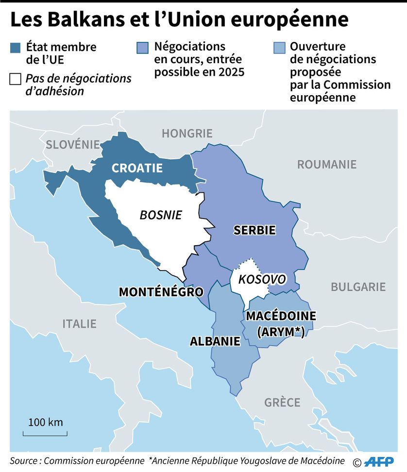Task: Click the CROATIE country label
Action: tap(137, 168)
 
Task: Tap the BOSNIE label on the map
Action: tap(161, 215)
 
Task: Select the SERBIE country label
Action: tap(254, 230)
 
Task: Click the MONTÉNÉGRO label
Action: tap(161, 292)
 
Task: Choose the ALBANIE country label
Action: tap(215, 341)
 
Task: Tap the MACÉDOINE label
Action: tap(281, 316)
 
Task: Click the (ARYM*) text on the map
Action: tap(281, 332)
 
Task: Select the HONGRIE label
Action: tap(187, 133)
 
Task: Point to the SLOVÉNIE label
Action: tap(73, 144)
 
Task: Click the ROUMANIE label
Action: tap(326, 164)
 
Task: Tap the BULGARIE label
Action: tap(358, 287)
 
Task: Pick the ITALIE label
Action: tap(79, 323)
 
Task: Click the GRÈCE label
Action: tap(282, 403)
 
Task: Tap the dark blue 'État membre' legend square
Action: tap(15, 48)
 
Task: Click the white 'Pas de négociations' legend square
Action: tap(15, 79)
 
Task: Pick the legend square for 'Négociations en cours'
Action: tap(142, 48)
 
